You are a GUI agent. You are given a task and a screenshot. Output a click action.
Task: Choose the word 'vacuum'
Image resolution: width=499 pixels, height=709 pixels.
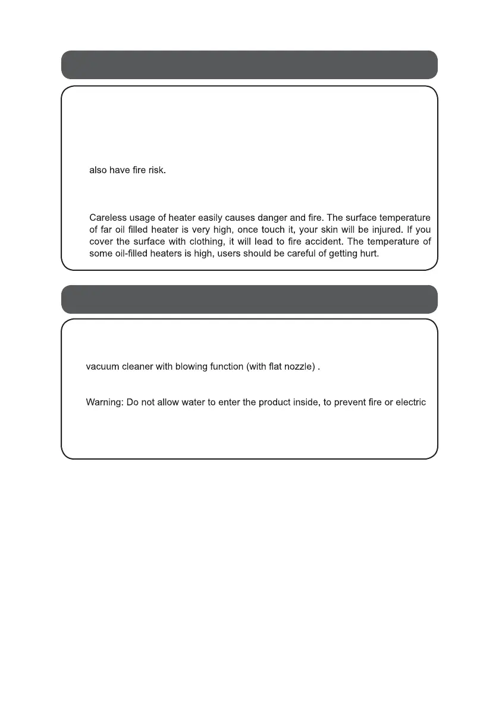pyautogui.click(x=103, y=367)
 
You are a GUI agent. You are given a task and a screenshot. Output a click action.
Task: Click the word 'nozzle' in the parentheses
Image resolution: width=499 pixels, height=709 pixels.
pyautogui.click(x=296, y=367)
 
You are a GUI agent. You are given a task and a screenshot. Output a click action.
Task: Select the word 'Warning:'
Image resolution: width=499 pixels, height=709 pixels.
pyautogui.click(x=105, y=402)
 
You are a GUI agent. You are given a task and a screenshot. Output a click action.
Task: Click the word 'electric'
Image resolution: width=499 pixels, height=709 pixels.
pyautogui.click(x=411, y=402)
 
